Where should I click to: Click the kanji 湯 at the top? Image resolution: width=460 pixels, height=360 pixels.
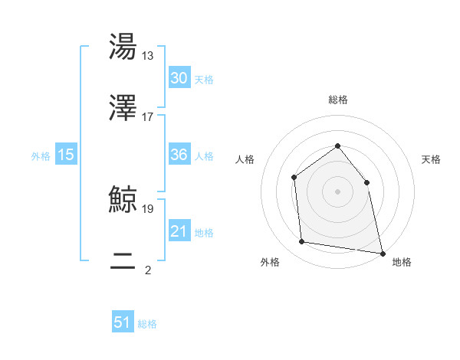tap(123, 47)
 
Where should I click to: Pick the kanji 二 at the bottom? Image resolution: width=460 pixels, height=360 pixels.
tap(123, 261)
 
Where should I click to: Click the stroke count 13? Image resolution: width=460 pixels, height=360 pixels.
tap(148, 55)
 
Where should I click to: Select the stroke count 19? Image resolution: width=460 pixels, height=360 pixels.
tap(148, 208)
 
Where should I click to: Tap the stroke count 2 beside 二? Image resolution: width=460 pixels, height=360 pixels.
tap(148, 270)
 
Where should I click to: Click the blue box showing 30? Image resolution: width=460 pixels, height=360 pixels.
tap(179, 78)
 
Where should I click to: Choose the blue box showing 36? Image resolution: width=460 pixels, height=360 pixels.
tap(179, 155)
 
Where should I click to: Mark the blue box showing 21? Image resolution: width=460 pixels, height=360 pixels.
tap(179, 231)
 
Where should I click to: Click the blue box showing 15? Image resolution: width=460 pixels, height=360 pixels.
tap(66, 155)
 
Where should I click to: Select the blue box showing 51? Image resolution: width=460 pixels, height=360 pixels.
tap(123, 322)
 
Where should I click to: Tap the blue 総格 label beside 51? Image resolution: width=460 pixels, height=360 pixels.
tap(147, 324)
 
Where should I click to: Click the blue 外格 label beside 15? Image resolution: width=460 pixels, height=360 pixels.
tap(41, 155)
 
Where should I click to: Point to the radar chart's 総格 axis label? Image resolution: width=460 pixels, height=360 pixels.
tap(337, 100)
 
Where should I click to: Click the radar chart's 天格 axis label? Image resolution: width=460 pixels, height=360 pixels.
tap(432, 159)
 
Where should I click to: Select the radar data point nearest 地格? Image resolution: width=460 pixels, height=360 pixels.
tap(382, 253)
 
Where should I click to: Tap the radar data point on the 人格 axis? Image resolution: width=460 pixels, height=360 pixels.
tap(294, 178)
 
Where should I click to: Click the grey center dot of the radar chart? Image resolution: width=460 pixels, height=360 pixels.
tap(337, 191)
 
